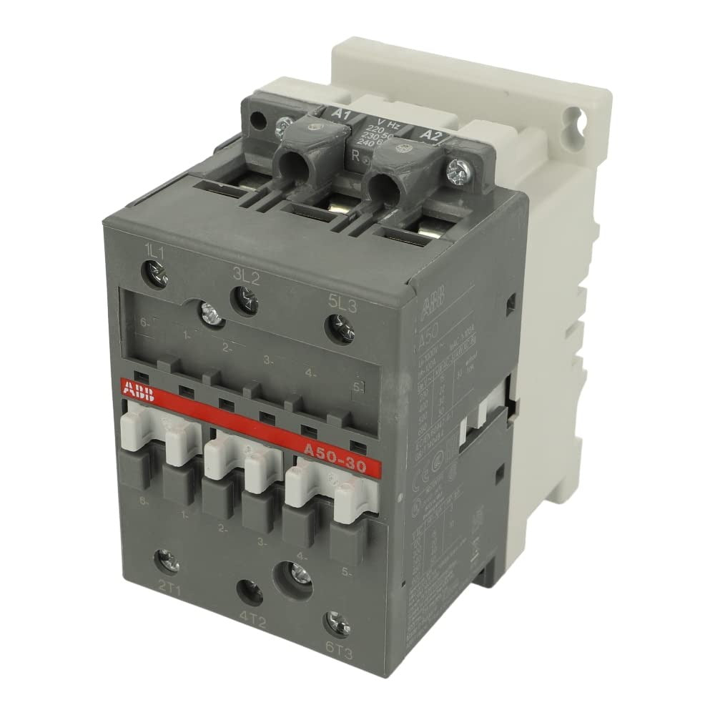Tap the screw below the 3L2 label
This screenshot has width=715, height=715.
(x=242, y=297)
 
